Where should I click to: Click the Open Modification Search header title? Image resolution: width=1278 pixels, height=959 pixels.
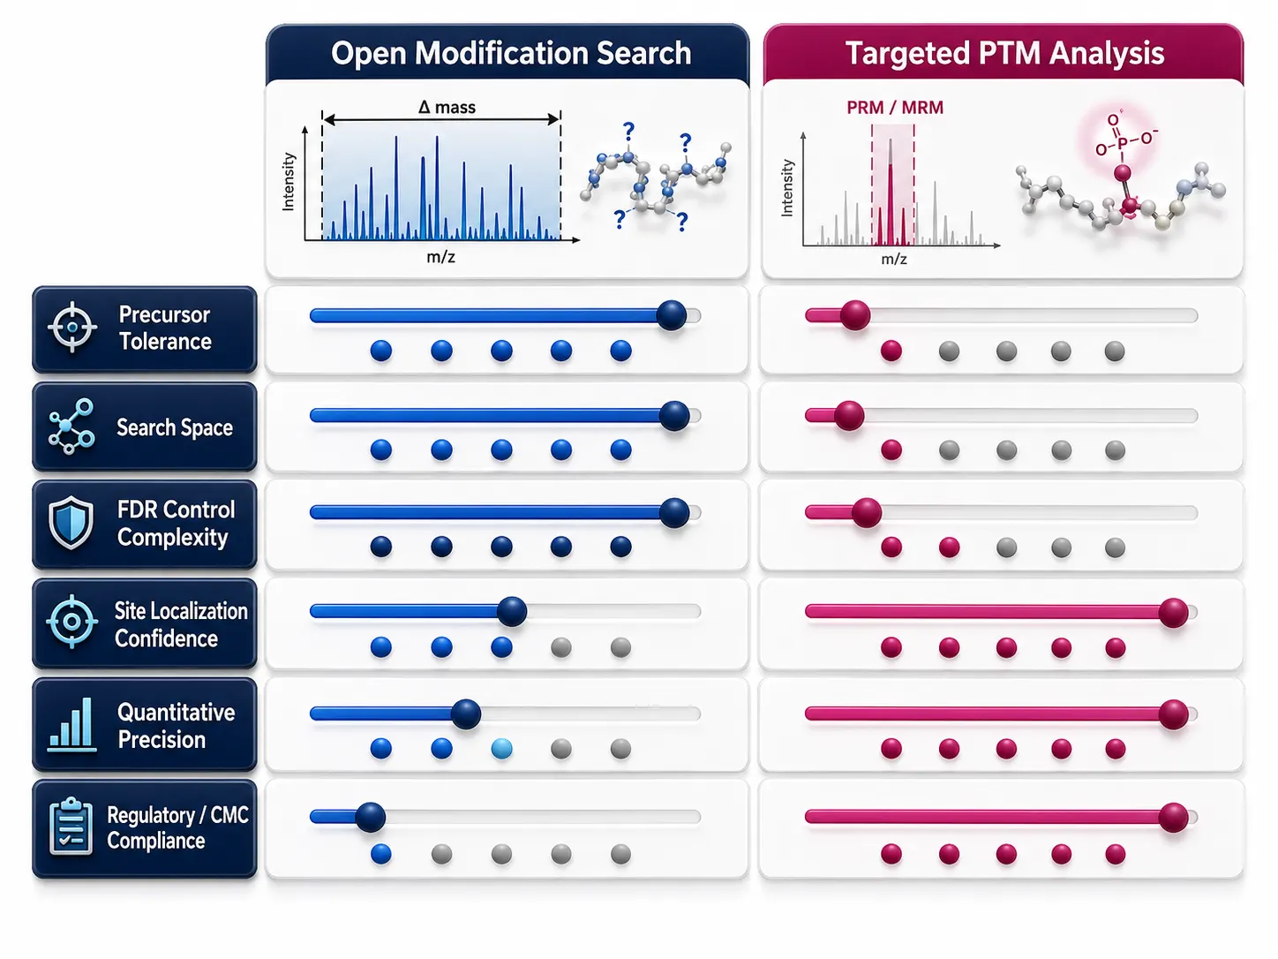tap(511, 54)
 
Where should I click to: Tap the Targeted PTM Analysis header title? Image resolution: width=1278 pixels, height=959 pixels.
tap(1004, 54)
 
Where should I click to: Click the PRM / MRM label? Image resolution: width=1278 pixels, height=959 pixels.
tap(895, 108)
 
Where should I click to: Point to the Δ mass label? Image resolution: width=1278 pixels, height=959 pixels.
tap(447, 107)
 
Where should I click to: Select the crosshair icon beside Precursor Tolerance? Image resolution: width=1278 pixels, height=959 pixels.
tap(72, 328)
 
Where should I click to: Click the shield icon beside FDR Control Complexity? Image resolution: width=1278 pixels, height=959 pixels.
tap(71, 523)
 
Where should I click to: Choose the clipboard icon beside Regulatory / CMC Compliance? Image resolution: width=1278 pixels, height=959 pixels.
tap(71, 827)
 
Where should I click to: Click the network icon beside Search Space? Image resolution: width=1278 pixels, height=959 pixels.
tap(71, 427)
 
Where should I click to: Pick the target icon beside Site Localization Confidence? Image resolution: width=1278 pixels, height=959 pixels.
tap(71, 622)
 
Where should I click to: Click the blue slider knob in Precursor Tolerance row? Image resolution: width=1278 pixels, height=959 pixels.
tap(672, 315)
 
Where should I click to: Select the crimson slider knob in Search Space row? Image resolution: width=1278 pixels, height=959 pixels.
tap(849, 416)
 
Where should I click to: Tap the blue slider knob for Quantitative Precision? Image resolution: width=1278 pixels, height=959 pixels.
tap(466, 714)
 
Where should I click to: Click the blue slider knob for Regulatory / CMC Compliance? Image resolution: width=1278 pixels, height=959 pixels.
tap(371, 817)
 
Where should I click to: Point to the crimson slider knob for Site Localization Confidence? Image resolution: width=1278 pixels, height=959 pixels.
tap(1173, 613)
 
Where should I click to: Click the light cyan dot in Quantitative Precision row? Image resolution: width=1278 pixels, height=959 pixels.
tap(502, 748)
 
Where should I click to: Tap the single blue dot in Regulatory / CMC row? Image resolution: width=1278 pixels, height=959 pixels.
tap(380, 854)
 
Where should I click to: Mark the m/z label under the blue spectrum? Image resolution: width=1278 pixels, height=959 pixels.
tap(440, 257)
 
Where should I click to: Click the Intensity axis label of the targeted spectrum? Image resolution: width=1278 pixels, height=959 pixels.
tap(786, 188)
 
